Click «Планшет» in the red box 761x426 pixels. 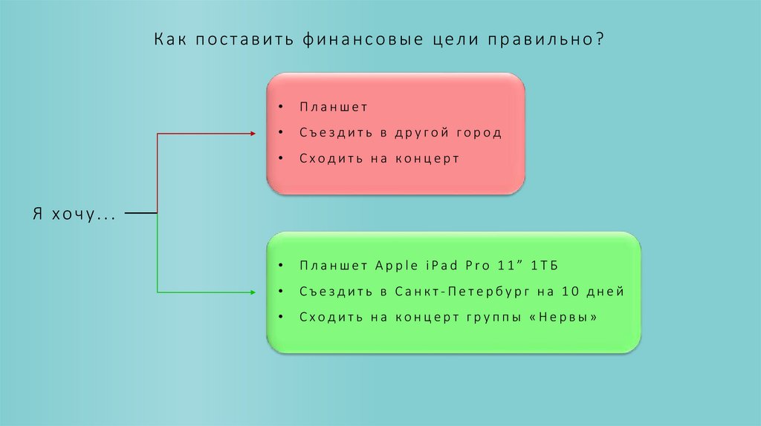click(x=334, y=107)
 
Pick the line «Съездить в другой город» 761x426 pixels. click(x=401, y=133)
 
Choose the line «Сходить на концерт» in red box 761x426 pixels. click(x=380, y=159)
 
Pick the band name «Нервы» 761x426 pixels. click(x=569, y=317)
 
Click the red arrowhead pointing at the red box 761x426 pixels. click(x=250, y=133)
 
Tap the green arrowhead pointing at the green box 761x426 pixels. click(x=250, y=292)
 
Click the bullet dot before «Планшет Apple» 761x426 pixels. click(x=282, y=266)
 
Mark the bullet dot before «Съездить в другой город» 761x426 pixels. click(x=282, y=133)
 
